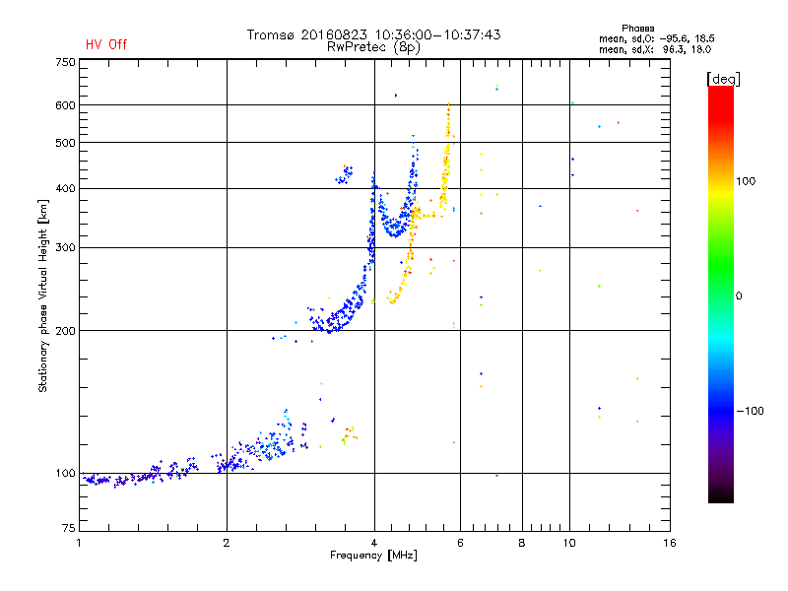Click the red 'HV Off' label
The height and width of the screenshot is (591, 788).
106,44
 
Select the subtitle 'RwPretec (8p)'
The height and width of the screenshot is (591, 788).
373,46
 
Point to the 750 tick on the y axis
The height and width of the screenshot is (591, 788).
65,62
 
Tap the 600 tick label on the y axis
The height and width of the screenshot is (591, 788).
65,104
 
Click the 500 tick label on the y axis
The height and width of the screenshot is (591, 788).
65,143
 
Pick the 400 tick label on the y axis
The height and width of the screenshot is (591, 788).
65,188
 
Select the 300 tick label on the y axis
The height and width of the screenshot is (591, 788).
65,247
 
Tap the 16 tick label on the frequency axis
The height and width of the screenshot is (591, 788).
669,543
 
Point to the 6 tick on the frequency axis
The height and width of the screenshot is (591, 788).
460,543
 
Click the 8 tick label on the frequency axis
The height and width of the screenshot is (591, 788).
522,543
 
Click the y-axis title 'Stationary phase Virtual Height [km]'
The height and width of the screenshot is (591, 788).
43,296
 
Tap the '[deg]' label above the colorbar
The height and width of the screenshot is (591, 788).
724,78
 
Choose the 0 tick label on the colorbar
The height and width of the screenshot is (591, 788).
740,295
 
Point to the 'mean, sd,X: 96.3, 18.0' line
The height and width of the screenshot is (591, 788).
655,48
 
